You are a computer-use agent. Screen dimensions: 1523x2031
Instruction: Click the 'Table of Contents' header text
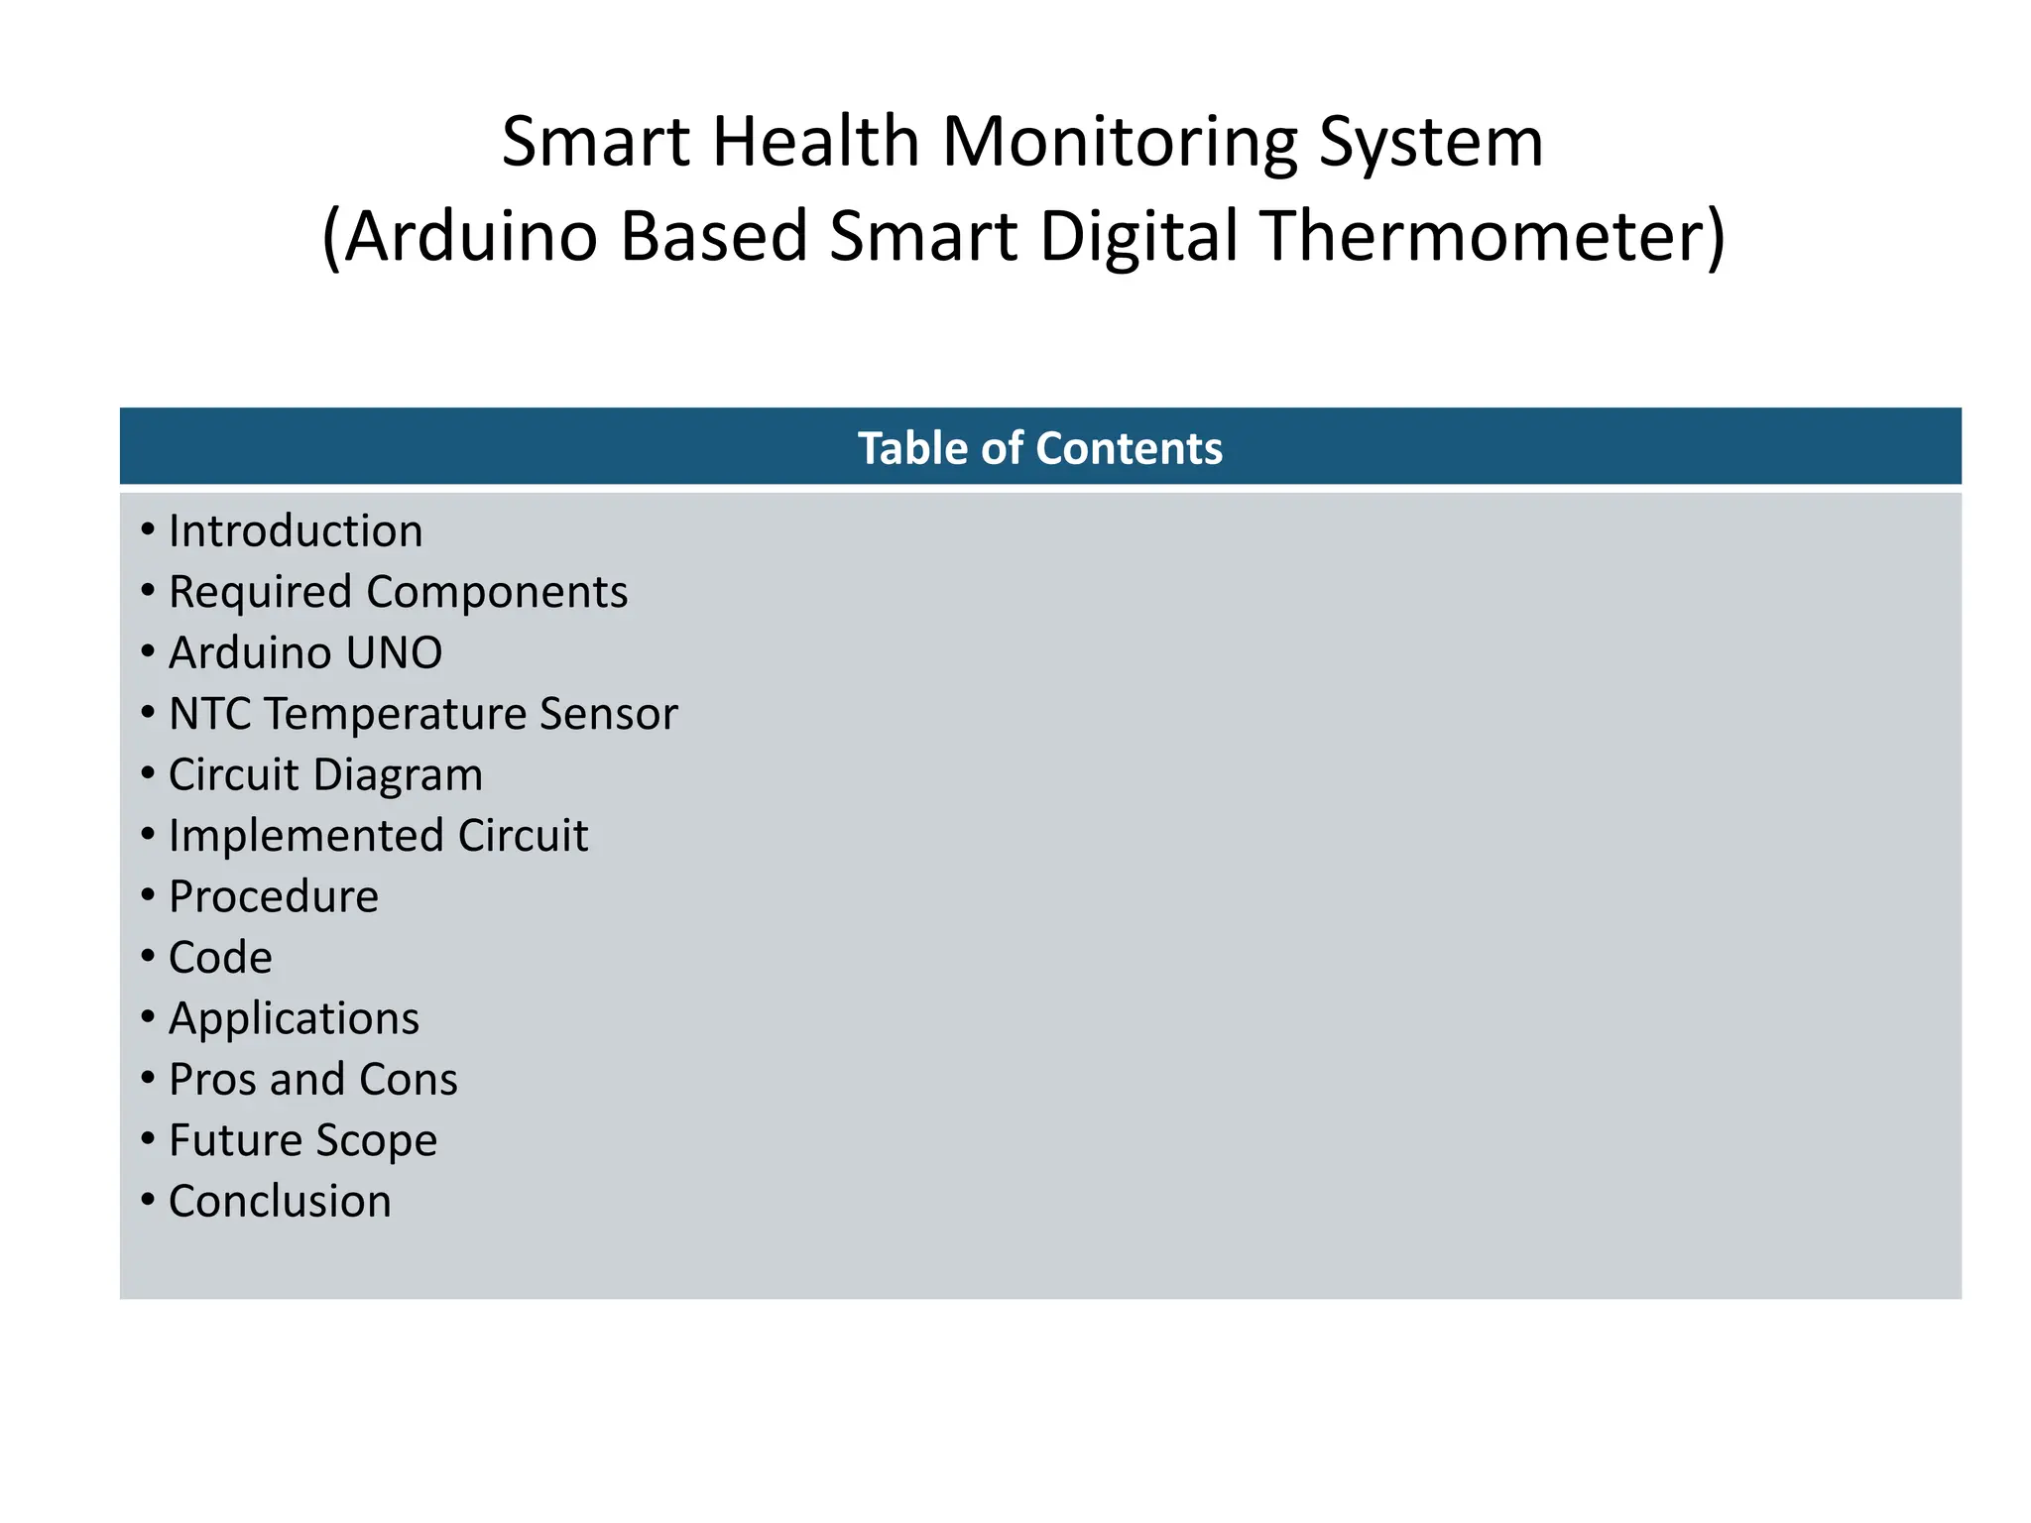pos(1039,448)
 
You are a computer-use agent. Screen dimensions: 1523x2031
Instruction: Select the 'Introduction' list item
pos(296,531)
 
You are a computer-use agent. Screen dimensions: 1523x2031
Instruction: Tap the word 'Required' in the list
pos(260,593)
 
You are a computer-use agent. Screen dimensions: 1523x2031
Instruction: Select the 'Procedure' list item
pos(274,897)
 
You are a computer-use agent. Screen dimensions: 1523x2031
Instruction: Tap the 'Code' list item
pos(220,958)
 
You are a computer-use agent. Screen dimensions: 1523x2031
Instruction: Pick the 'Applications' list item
pos(294,1019)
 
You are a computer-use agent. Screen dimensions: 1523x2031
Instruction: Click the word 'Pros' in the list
pos(211,1080)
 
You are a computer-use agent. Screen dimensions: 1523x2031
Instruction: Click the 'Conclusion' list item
pos(280,1202)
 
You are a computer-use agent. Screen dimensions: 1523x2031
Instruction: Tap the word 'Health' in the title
pos(815,141)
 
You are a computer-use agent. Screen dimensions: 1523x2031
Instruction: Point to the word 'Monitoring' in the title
pos(1119,143)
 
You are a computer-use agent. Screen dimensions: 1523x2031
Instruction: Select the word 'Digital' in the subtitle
pos(1138,238)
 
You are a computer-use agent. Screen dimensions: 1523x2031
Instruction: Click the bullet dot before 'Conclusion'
pos(148,1200)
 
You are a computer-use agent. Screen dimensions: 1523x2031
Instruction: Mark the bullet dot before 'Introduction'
pos(148,529)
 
